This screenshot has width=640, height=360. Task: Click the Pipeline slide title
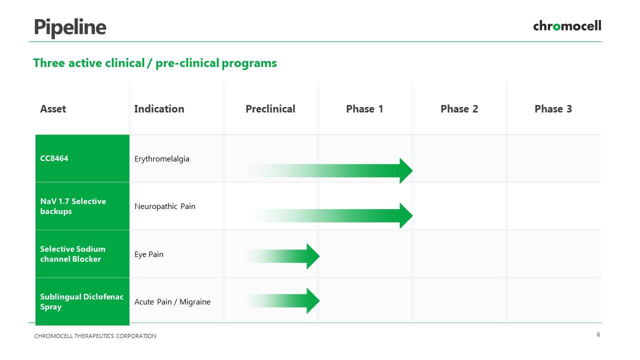coord(70,27)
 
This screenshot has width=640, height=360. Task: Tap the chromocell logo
coord(567,25)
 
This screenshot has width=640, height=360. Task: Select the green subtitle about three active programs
coord(155,63)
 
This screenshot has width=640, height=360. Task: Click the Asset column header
coord(53,109)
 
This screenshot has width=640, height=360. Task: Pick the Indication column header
coord(159,109)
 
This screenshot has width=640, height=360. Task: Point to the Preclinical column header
coord(270,109)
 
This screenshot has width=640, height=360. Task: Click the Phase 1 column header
coord(364,109)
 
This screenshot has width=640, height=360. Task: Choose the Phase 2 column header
coord(459,109)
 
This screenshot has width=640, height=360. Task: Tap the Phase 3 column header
coord(553,109)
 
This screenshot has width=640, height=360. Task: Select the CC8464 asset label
coord(54,158)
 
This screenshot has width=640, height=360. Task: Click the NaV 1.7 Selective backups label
coord(73,206)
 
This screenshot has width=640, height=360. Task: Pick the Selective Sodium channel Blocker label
coord(73,254)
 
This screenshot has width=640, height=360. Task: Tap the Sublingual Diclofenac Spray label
coord(81,301)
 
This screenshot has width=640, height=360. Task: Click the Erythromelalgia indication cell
coord(161,159)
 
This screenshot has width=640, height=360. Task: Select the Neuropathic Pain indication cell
coord(165,206)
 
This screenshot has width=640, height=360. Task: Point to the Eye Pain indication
coord(149,254)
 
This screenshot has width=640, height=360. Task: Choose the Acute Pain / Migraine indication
coord(172,301)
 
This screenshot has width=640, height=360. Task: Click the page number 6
coord(598,334)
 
